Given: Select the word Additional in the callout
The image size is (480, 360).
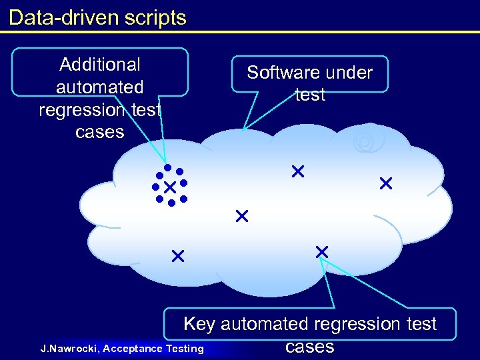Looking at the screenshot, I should click(100, 65).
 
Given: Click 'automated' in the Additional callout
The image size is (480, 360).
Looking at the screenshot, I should click(100, 87).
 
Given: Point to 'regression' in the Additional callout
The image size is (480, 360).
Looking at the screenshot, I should click(82, 109).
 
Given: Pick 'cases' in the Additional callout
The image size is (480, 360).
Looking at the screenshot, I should click(100, 132).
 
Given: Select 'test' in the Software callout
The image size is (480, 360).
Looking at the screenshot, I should click(310, 95).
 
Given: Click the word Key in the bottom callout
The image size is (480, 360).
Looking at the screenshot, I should click(199, 325).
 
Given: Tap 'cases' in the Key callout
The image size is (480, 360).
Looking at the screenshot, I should click(309, 347).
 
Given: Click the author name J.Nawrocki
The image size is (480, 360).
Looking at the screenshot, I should click(69, 348).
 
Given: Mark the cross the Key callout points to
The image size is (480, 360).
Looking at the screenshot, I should click(322, 251).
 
